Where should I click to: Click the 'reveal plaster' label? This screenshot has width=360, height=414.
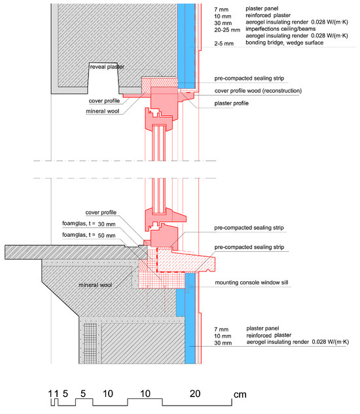107,67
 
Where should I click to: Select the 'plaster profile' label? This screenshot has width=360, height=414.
231,103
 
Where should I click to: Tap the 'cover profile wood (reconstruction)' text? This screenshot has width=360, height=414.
258,91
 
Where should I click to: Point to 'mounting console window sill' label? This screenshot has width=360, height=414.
251,283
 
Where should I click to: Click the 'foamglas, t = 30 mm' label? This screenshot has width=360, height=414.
89,224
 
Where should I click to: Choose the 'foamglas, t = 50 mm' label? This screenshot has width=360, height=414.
89,235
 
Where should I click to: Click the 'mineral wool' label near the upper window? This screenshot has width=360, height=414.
103,111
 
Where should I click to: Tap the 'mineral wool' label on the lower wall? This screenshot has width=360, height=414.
96,285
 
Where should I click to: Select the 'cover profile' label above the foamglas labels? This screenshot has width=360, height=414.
101,213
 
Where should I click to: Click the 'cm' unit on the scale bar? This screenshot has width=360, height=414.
240,395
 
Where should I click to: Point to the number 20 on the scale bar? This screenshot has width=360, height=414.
195,394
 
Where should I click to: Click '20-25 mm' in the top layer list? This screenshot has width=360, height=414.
227,30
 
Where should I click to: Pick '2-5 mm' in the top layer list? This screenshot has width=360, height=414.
224,43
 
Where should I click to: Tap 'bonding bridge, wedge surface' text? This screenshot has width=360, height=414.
285,43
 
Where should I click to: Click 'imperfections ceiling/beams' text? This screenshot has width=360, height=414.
280,29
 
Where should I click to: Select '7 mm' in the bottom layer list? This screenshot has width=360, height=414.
221,329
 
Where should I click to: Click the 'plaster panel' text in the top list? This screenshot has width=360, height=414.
262,9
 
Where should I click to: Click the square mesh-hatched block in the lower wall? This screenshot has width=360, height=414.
90,343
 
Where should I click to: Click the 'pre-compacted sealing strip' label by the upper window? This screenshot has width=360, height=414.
249,78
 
